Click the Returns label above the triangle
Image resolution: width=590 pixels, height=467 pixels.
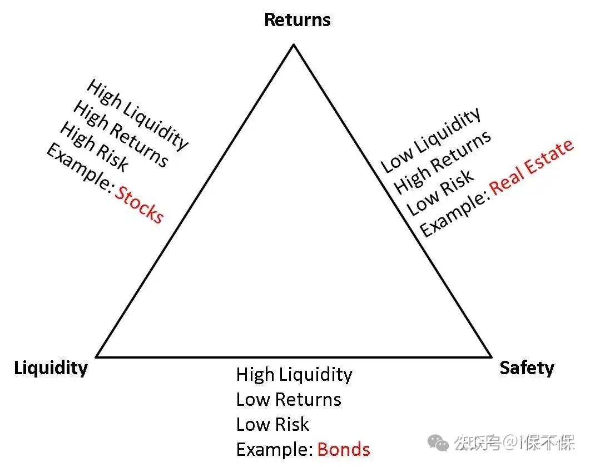tap(297, 20)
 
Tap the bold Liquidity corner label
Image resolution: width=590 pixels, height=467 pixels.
tap(51, 368)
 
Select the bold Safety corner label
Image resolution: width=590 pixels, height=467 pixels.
tap(527, 368)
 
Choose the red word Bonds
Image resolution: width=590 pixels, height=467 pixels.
tap(343, 449)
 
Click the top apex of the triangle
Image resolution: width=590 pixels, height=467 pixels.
tap(294, 44)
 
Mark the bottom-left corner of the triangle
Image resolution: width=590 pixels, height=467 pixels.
tap(97, 356)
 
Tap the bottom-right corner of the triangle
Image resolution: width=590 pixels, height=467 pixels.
tap(492, 356)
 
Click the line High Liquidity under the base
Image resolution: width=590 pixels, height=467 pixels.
tap(294, 374)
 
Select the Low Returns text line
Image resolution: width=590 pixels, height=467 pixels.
tap(289, 399)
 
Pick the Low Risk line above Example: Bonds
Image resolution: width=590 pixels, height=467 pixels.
tap(272, 424)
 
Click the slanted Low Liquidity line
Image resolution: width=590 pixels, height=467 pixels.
tap(430, 140)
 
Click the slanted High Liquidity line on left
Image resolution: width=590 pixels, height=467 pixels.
tap(137, 114)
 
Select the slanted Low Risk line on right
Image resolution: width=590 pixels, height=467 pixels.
tap(440, 192)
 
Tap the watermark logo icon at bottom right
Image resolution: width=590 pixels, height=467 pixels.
tap(440, 443)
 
